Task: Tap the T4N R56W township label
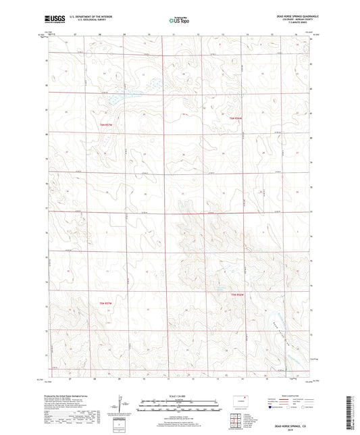coord(234,295)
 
